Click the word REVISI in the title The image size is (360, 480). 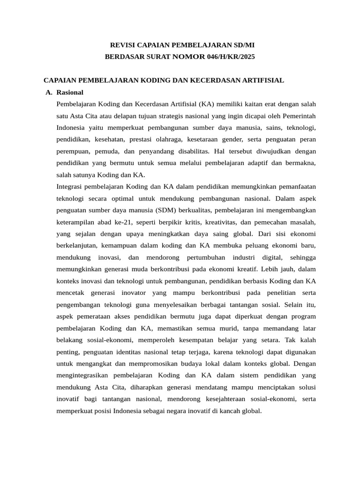(x=121, y=45)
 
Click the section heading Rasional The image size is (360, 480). (x=69, y=92)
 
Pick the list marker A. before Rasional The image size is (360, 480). (x=49, y=92)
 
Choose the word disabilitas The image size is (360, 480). (x=192, y=151)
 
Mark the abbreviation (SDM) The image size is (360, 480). (x=168, y=210)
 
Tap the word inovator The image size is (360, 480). (x=133, y=292)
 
